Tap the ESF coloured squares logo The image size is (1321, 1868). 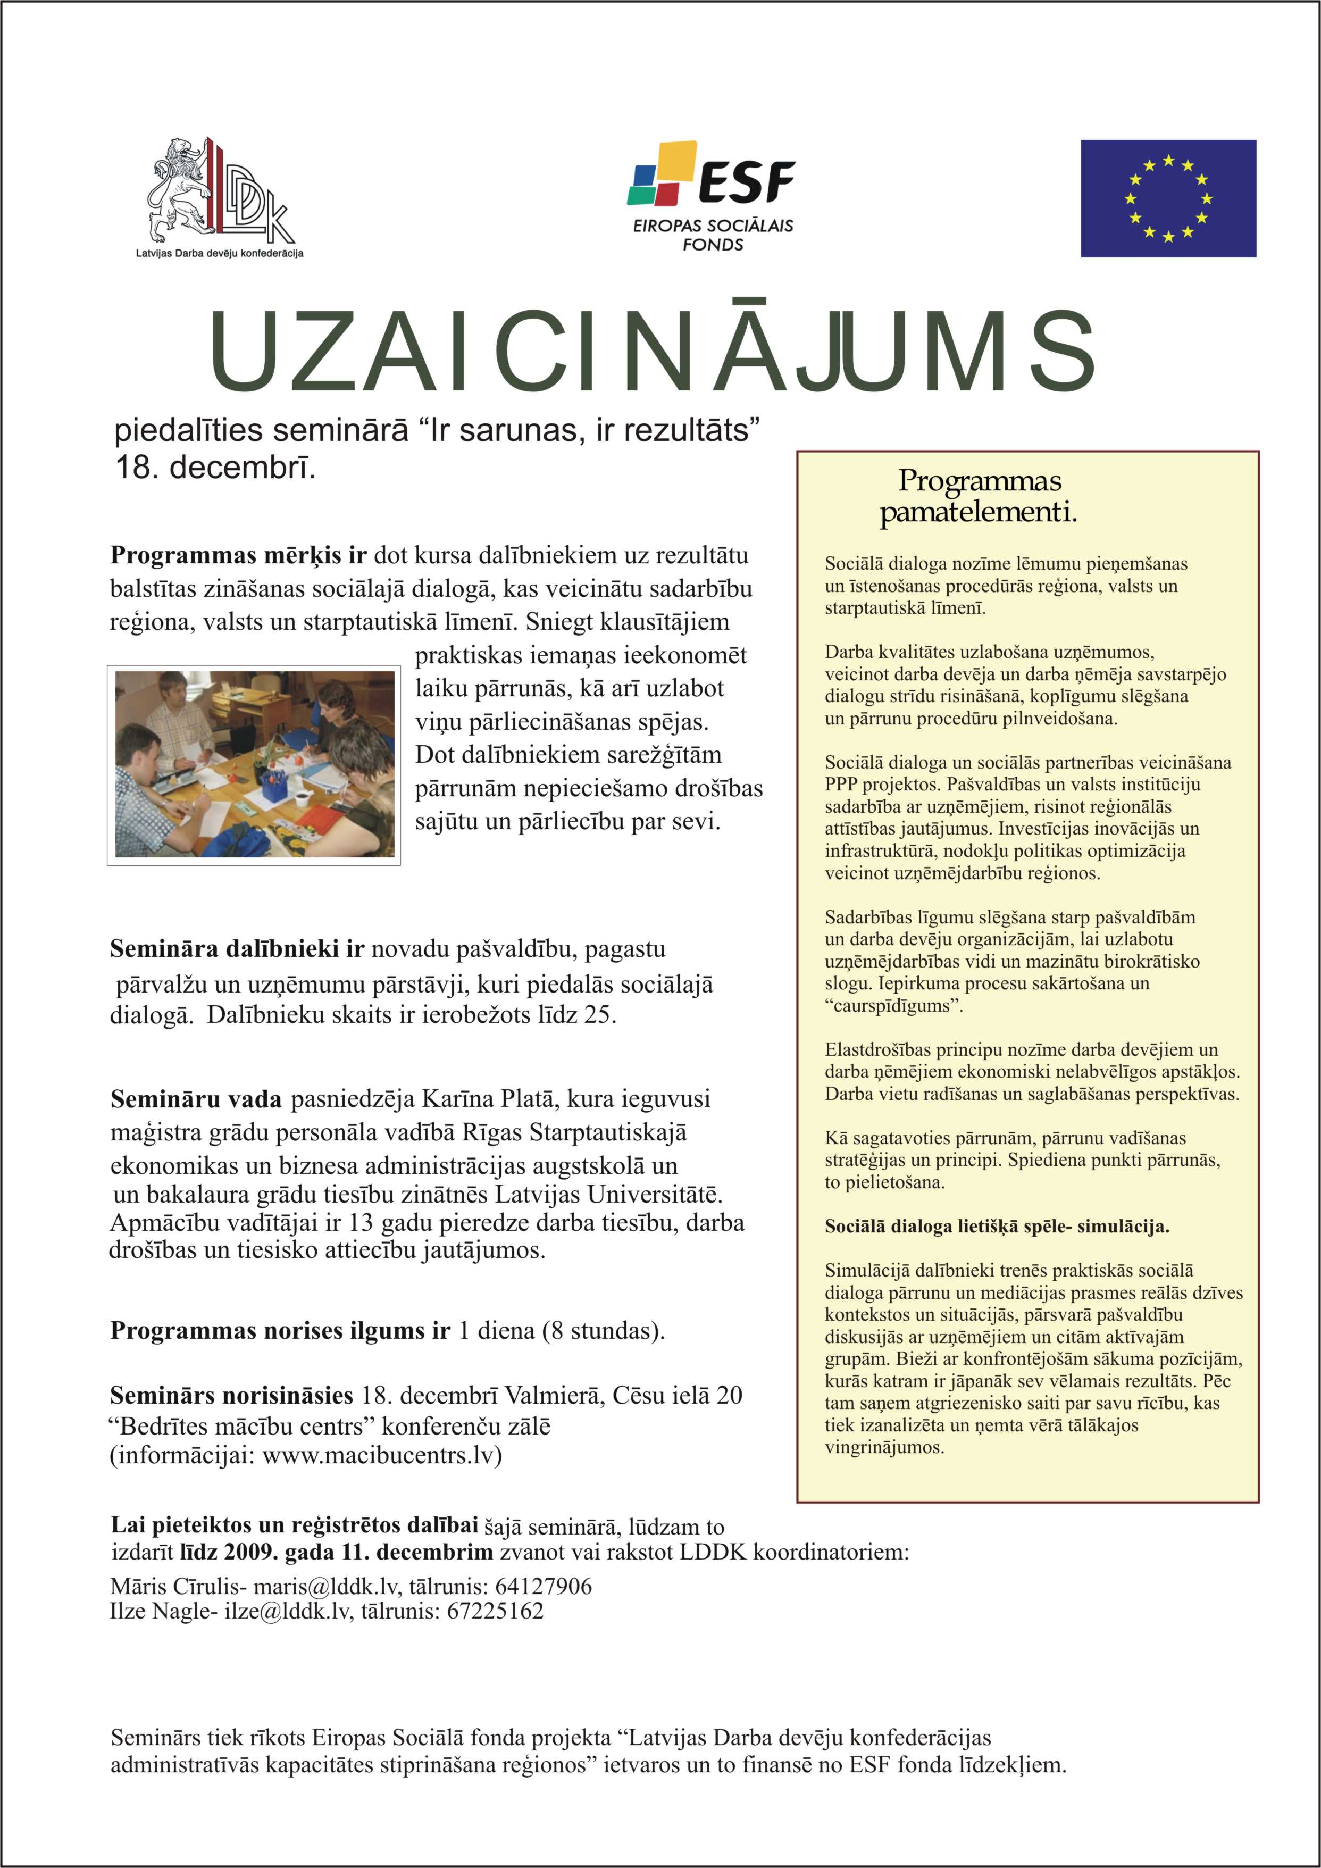(663, 173)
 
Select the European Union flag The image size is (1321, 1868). (1167, 198)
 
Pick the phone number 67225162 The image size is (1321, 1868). (495, 1611)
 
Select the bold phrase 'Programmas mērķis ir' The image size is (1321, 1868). (238, 556)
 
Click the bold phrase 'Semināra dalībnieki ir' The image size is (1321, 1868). (237, 949)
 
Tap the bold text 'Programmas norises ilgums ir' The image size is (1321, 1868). (280, 1330)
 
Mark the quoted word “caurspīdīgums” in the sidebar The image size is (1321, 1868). (893, 1006)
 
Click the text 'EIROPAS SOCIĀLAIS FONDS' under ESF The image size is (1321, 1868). (713, 235)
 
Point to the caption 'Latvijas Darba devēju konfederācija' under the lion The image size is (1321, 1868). (220, 253)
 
